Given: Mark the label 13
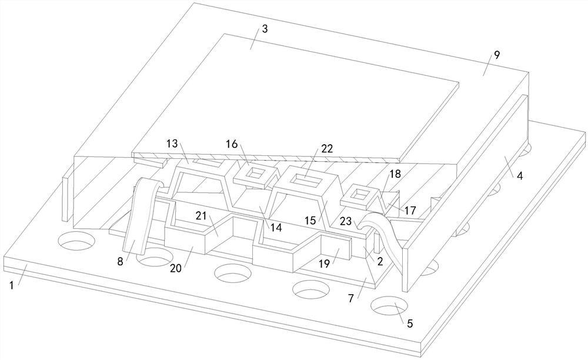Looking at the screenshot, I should tap(172, 144).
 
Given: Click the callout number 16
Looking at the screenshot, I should tap(232, 144).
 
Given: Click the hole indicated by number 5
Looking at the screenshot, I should tap(390, 307).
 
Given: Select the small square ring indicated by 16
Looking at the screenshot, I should tap(256, 172).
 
